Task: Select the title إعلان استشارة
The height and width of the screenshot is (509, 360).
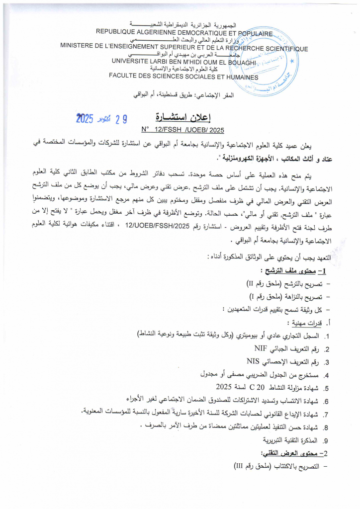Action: [183, 118]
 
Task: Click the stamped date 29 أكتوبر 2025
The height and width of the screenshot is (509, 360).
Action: [102, 119]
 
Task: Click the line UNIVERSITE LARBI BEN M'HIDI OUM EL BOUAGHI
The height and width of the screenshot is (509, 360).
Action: [183, 62]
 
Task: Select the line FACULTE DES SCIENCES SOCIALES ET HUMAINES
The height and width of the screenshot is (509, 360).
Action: [183, 77]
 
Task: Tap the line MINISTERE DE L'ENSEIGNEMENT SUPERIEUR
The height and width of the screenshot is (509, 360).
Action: [184, 48]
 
